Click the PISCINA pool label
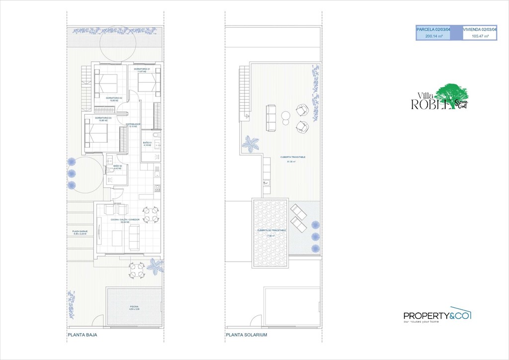pyautogui.click(x=135, y=308)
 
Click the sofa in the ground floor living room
pyautogui.click(x=135, y=237)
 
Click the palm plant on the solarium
pyautogui.click(x=249, y=145)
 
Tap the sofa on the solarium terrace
pyautogui.click(x=271, y=117)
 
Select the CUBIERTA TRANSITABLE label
pyautogui.click(x=293, y=159)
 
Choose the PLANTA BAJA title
pyautogui.click(x=83, y=335)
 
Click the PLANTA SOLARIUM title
pyautogui.click(x=247, y=335)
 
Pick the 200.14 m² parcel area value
pyautogui.click(x=434, y=36)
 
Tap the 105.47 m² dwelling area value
pyautogui.click(x=480, y=36)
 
